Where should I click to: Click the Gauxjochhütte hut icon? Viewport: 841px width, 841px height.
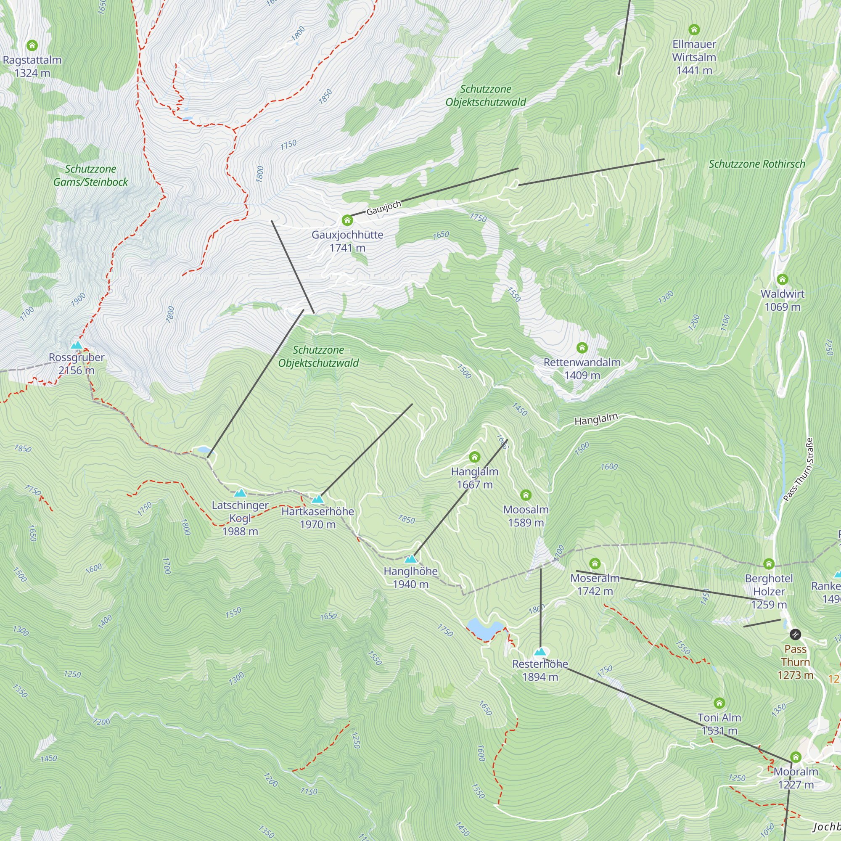coord(347,220)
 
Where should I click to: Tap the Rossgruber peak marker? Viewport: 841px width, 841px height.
coord(77,346)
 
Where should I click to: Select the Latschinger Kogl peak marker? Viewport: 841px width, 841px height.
coord(240,493)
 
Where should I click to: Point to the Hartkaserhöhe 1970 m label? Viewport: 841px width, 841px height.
coord(318,518)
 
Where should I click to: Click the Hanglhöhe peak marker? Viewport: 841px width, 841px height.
coord(410,559)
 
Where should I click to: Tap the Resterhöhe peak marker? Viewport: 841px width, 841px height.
coord(540,652)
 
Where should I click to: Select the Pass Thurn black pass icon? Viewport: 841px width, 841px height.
coord(795,634)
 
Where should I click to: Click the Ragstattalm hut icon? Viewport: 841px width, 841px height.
coord(32,45)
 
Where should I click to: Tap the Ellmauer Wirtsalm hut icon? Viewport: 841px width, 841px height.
coord(694,29)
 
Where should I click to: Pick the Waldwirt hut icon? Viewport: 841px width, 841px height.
coord(782,279)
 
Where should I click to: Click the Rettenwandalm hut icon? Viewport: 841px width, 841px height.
coord(582,347)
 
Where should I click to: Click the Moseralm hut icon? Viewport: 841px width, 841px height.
coord(595,564)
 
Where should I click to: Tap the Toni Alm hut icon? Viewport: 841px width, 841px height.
coord(719,703)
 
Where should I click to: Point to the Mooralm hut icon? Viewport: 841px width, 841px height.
coord(796,757)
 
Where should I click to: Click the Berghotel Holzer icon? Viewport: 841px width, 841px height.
coord(769,564)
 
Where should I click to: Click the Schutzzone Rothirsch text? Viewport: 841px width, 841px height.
coord(757,164)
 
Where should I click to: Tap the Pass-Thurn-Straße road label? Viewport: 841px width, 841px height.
coord(799,470)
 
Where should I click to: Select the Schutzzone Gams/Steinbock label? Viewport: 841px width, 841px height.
coord(90,175)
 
